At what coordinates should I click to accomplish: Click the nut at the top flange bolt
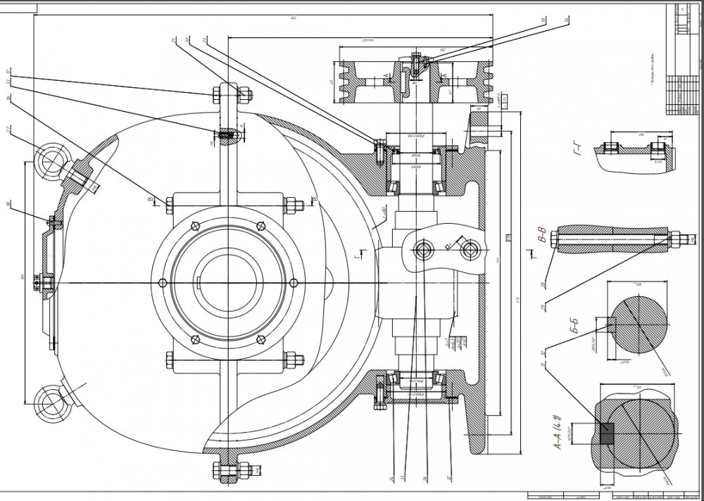pyautogui.click(x=246, y=94)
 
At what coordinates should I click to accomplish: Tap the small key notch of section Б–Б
pyautogui.click(x=610, y=323)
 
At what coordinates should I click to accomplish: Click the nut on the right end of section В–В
pyautogui.click(x=674, y=238)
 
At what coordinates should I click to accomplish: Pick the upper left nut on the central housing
pyautogui.click(x=170, y=205)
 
